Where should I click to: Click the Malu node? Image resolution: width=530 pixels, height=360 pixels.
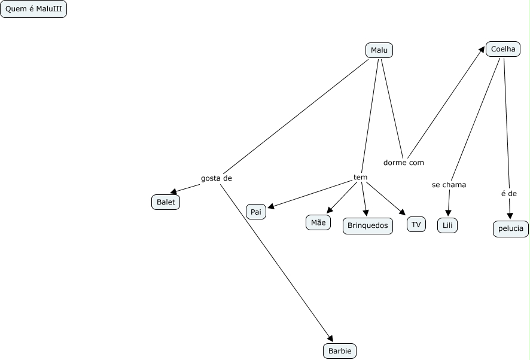pyautogui.click(x=379, y=50)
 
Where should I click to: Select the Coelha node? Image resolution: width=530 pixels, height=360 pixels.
pyautogui.click(x=502, y=49)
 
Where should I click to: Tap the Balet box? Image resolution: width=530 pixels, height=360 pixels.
pyautogui.click(x=166, y=202)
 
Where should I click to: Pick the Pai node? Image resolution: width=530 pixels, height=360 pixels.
pyautogui.click(x=256, y=212)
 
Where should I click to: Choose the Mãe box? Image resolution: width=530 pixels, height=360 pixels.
pyautogui.click(x=318, y=222)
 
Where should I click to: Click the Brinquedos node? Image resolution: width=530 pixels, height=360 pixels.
pyautogui.click(x=368, y=225)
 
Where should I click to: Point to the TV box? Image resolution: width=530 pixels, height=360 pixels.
pyautogui.click(x=416, y=224)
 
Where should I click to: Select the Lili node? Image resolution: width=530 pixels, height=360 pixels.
pyautogui.click(x=447, y=225)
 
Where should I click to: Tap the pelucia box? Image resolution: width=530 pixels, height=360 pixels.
pyautogui.click(x=510, y=228)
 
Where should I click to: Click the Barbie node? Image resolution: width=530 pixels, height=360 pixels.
pyautogui.click(x=340, y=351)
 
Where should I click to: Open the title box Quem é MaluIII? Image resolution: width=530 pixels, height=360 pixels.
pyautogui.click(x=33, y=10)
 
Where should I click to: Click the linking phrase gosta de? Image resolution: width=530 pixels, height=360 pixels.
pyautogui.click(x=217, y=178)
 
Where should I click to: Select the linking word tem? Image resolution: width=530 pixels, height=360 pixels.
pyautogui.click(x=360, y=177)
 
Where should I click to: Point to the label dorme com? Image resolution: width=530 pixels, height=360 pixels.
pyautogui.click(x=404, y=162)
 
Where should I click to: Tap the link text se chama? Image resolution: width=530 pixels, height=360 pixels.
pyautogui.click(x=449, y=185)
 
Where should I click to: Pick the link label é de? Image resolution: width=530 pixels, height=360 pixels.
pyautogui.click(x=508, y=193)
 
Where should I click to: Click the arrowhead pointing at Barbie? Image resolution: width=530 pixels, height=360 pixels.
pyautogui.click(x=330, y=338)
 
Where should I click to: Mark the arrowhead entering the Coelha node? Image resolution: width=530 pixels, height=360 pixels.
pyautogui.click(x=482, y=49)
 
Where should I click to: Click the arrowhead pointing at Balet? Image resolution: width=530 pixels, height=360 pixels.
pyautogui.click(x=173, y=192)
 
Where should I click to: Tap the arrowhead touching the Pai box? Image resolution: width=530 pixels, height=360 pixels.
pyautogui.click(x=270, y=207)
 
